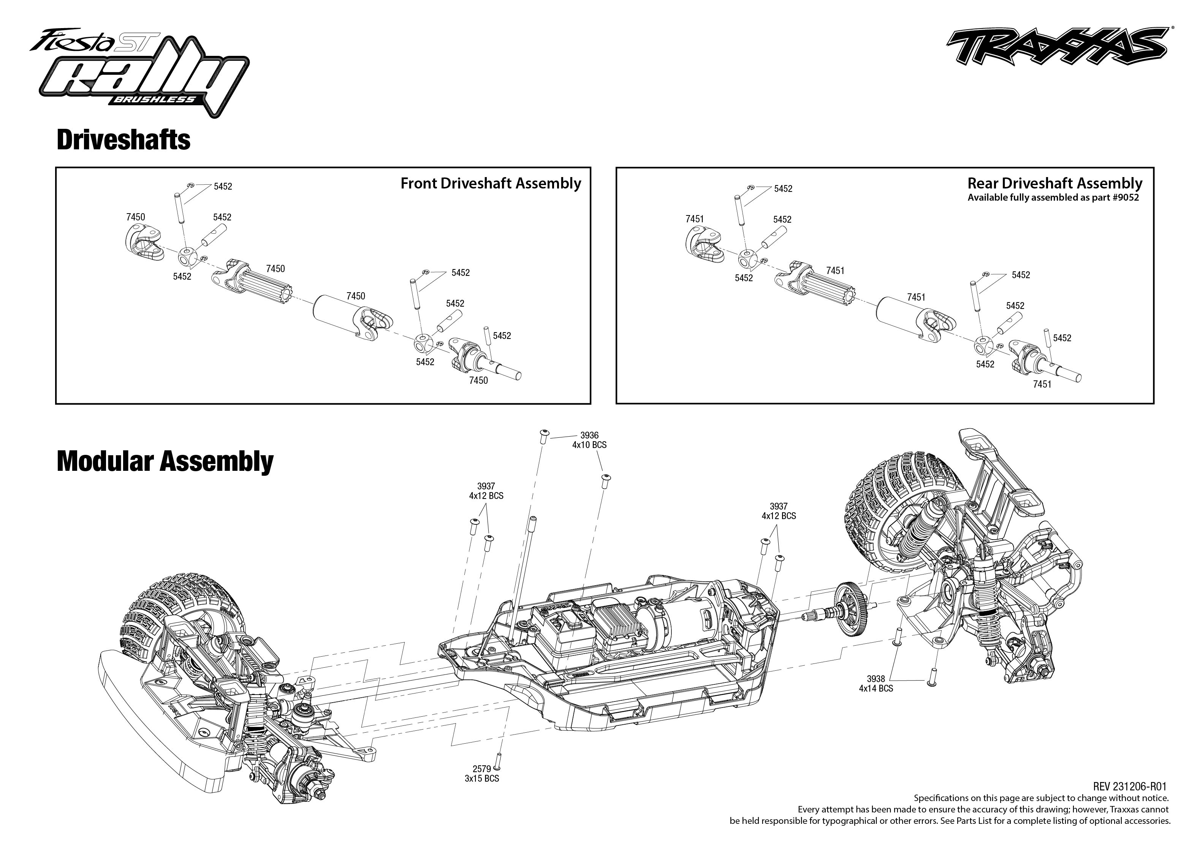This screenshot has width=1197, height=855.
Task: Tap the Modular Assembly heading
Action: (165, 461)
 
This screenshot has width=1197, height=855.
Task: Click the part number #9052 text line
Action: (1053, 198)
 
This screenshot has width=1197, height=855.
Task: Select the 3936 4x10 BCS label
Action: (589, 440)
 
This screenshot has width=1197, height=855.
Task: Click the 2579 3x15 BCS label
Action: (481, 773)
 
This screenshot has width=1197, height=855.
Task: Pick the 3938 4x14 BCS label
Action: (876, 683)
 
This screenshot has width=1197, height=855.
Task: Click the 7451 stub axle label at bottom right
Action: (1042, 384)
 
